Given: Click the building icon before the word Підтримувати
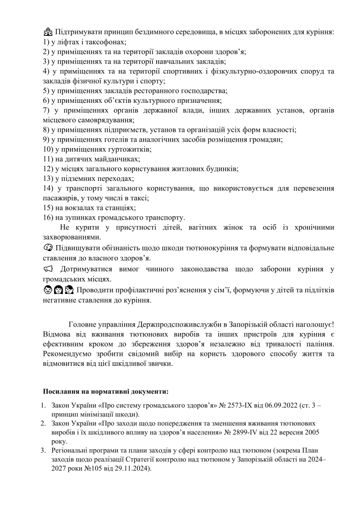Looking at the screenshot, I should point(48,32).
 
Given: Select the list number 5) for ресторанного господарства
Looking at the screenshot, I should point(46,90).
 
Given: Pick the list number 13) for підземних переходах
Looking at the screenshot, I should point(48,178).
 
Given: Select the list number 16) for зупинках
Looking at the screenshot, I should point(48,217).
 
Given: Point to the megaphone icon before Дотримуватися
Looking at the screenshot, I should point(48,269).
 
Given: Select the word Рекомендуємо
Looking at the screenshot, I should point(67,353).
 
